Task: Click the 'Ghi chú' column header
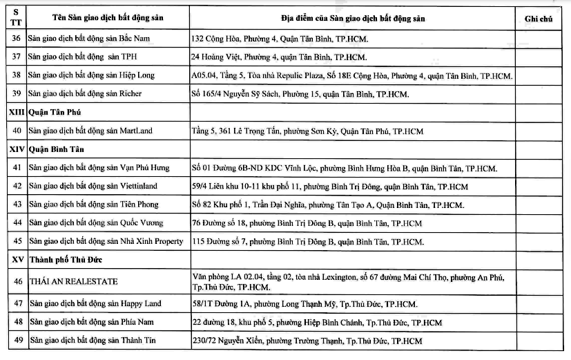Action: [x=539, y=18]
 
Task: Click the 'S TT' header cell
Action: [x=17, y=18]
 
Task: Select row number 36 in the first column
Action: [x=17, y=39]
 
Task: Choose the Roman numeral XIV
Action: [x=17, y=149]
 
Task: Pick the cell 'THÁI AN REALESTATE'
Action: [x=73, y=281]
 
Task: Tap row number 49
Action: [x=17, y=341]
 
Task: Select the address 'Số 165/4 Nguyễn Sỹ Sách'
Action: [x=300, y=93]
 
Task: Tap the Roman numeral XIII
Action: [x=17, y=111]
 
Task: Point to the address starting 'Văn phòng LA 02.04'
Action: [x=348, y=281]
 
